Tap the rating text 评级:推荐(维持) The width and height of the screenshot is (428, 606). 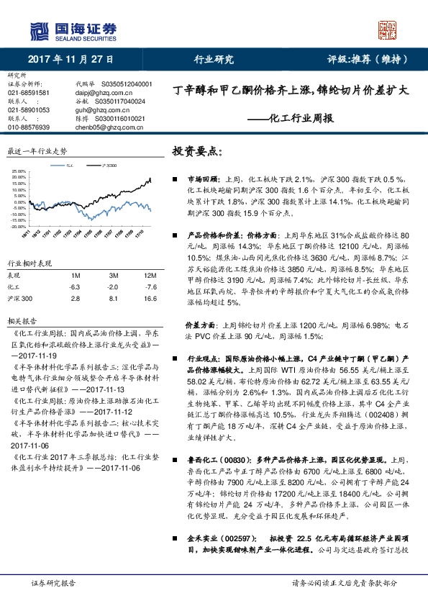point(368,60)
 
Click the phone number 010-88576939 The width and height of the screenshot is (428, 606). point(29,127)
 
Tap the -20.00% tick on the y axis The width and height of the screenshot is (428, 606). point(19,226)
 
